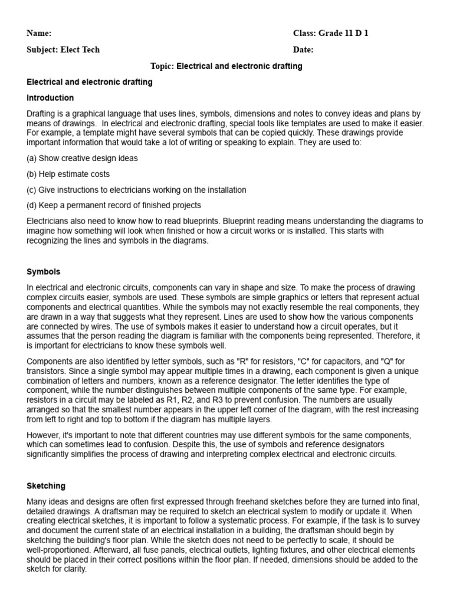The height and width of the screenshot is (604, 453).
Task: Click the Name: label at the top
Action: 39,34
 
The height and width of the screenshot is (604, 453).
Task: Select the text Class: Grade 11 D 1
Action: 330,34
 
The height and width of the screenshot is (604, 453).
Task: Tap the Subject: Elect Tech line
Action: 63,50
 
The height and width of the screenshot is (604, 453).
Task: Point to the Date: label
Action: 303,50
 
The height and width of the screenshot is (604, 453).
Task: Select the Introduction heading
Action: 50,98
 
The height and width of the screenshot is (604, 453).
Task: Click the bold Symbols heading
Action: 43,272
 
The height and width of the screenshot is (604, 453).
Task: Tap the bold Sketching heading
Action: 46,486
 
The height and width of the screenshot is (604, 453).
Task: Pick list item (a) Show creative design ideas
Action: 82,159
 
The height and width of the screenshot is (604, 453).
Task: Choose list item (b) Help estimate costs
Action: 68,175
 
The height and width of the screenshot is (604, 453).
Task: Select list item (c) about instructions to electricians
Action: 136,190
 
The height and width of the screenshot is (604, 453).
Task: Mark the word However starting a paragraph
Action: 44,435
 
